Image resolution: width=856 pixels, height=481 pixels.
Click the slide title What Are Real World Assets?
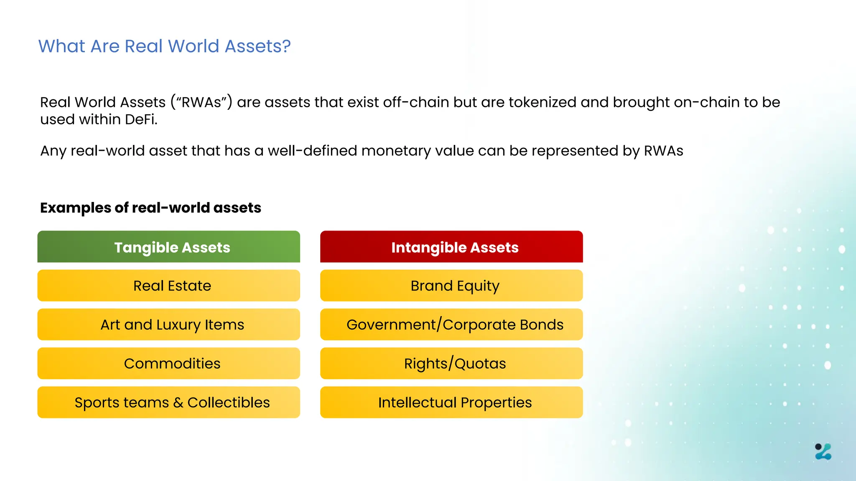coord(164,46)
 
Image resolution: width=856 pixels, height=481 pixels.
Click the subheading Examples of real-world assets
coord(150,208)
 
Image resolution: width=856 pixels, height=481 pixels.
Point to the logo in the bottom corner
coord(823,452)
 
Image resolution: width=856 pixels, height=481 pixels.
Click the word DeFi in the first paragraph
coord(141,120)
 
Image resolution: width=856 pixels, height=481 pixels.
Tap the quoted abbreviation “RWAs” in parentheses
coord(201,102)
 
